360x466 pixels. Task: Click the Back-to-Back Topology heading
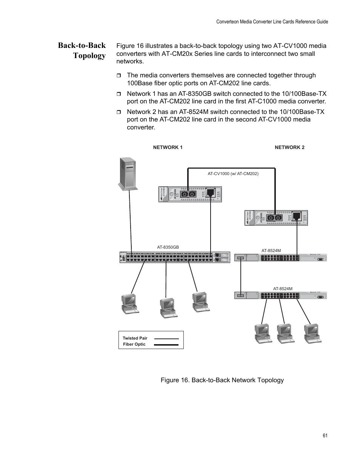pos(82,51)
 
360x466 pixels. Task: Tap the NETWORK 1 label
pos(168,148)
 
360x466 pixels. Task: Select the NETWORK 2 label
pos(289,148)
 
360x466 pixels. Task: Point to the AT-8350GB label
pos(168,248)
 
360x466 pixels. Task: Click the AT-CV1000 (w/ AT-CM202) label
pos(233,174)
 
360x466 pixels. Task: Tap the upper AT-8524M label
pos(271,251)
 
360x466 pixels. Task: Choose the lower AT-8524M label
pos(283,289)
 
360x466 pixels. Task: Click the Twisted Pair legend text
pos(135,338)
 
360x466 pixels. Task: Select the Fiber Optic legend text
pos(134,345)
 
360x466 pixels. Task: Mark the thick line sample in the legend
pos(166,345)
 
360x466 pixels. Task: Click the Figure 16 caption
pos(222,380)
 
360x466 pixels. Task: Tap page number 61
pos(325,436)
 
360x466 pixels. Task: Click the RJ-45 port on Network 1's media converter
pos(212,194)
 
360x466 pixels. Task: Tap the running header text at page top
pos(272,22)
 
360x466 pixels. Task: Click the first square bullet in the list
pos(118,75)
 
